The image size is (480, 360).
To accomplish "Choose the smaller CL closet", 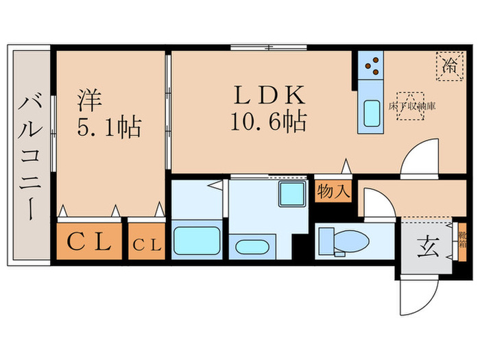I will pyautogui.click(x=147, y=243).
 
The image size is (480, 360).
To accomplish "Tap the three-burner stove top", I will pyautogui.click(x=372, y=66).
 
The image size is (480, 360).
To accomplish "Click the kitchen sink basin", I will pyautogui.click(x=372, y=113).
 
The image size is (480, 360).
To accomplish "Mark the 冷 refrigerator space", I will pyautogui.click(x=450, y=67).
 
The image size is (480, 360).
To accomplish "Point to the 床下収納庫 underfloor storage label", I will pyautogui.click(x=411, y=106).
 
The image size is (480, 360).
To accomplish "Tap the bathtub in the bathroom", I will pyautogui.click(x=197, y=241).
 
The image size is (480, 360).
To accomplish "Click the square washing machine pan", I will pyautogui.click(x=291, y=195).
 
